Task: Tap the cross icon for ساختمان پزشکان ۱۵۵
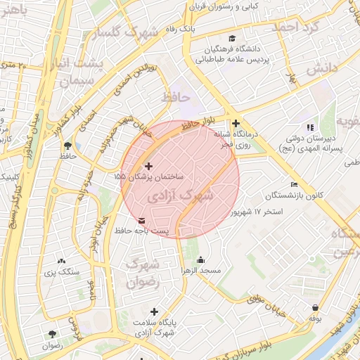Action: (x=148, y=166)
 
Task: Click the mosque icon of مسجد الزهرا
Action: (x=201, y=259)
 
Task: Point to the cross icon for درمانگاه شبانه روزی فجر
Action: (x=236, y=123)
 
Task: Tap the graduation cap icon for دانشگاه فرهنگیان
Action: (x=231, y=39)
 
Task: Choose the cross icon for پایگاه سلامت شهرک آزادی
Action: (x=154, y=311)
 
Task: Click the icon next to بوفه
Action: (x=314, y=308)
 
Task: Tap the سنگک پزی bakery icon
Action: (x=61, y=261)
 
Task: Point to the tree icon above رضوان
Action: (x=51, y=335)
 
